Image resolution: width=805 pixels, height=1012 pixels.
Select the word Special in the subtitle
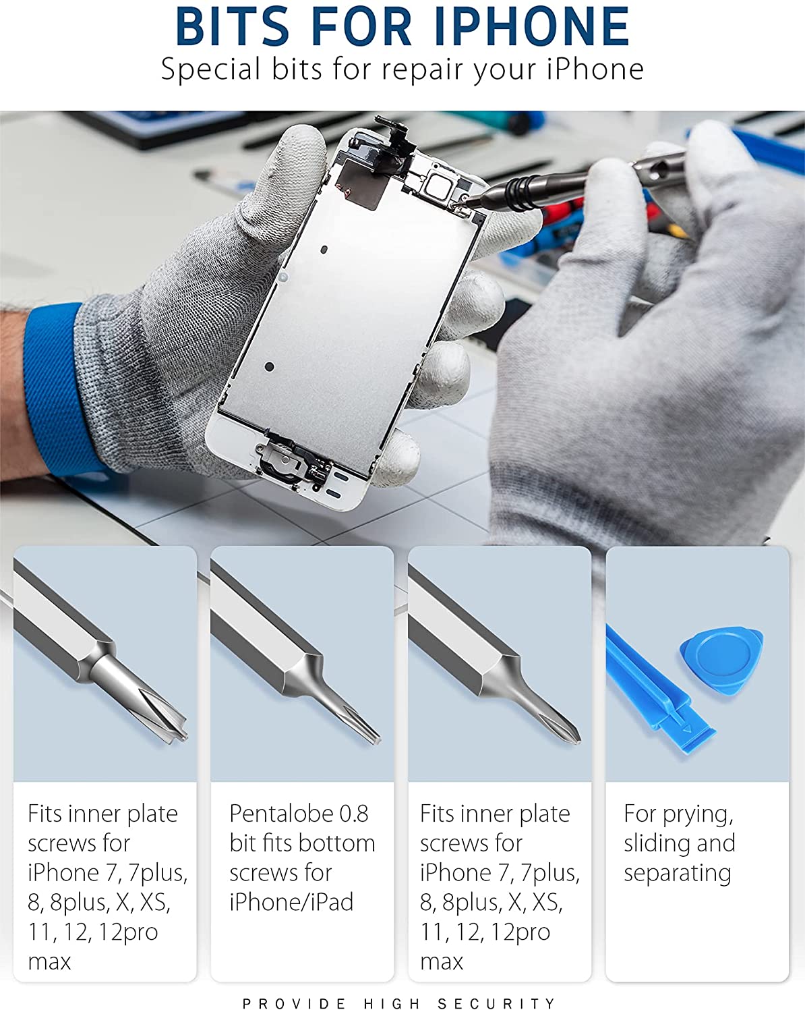click(210, 69)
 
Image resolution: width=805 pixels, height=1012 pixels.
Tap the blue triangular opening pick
click(721, 660)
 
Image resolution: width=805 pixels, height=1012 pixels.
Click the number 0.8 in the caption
click(353, 814)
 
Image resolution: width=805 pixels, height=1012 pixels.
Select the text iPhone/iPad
click(291, 902)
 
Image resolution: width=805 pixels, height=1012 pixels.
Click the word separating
click(677, 874)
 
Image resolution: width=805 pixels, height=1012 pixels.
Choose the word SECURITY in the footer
click(497, 1003)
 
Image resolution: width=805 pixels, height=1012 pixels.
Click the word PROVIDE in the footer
click(294, 1003)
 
